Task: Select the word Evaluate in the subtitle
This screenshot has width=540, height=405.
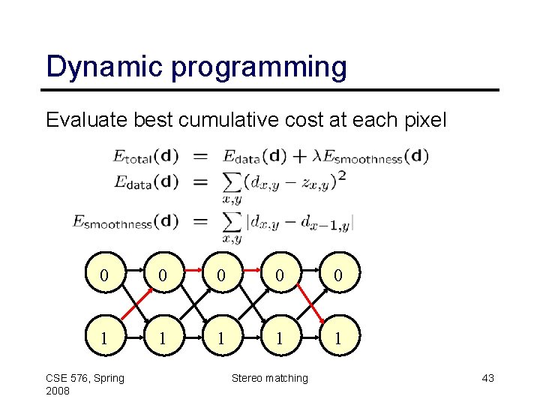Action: pos(80,119)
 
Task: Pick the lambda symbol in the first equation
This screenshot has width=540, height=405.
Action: pos(316,157)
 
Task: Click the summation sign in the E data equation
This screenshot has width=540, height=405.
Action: pos(233,181)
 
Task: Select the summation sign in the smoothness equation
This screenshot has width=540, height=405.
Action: pos(233,222)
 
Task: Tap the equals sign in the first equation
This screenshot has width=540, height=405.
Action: pos(201,157)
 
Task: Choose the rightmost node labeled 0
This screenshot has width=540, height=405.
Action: pos(338,276)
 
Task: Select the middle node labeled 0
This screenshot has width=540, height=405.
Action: pos(220,276)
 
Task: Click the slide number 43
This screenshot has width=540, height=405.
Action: pos(487,378)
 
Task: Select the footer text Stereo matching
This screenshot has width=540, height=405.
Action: pos(270,378)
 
